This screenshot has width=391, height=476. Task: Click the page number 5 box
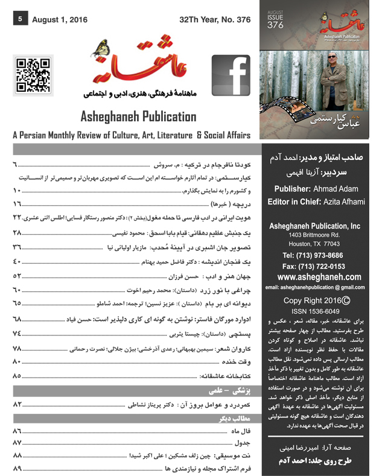pos(20,19)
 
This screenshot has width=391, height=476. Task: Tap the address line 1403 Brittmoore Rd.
pos(320,234)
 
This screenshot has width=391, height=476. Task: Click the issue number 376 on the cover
pos(275,24)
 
